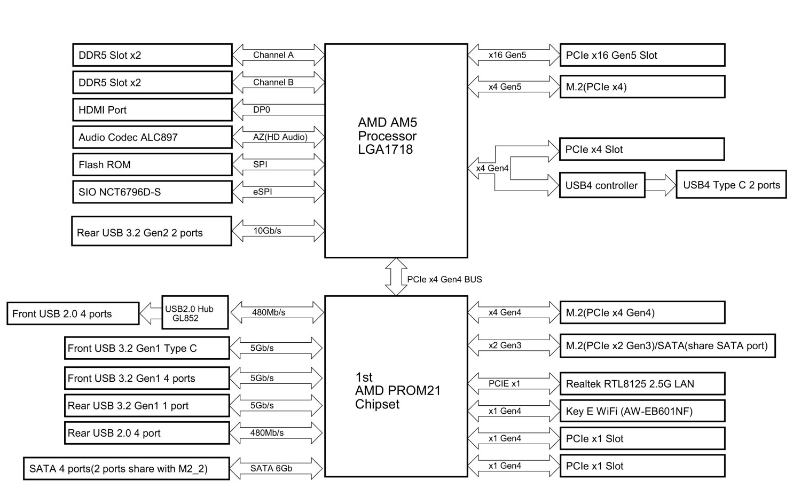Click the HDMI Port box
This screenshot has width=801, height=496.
tap(152, 110)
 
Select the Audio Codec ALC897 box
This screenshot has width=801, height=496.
tap(152, 137)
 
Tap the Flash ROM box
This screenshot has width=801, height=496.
tap(152, 164)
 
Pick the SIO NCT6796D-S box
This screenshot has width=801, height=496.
tap(152, 192)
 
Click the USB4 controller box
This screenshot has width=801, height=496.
tap(602, 185)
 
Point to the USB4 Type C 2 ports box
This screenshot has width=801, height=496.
tap(731, 185)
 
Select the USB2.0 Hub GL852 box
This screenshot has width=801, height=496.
tap(195, 313)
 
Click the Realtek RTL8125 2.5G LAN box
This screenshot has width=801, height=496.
tap(642, 384)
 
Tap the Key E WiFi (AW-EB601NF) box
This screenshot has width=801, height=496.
tap(642, 411)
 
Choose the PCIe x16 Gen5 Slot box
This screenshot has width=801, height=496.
tap(642, 55)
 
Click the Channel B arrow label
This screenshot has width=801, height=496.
tap(273, 82)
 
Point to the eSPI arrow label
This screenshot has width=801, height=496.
tap(263, 192)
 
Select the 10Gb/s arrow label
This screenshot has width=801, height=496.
tap(267, 231)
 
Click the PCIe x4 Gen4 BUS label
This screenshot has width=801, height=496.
tap(444, 279)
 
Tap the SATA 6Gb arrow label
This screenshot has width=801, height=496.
tap(271, 468)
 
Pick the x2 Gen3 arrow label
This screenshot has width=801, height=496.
tap(505, 345)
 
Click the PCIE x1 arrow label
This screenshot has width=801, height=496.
tap(504, 383)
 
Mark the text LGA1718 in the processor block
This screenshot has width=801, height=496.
tap(386, 149)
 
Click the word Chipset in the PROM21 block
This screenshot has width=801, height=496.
tap(377, 404)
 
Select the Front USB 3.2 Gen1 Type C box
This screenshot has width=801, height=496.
tap(147, 348)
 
